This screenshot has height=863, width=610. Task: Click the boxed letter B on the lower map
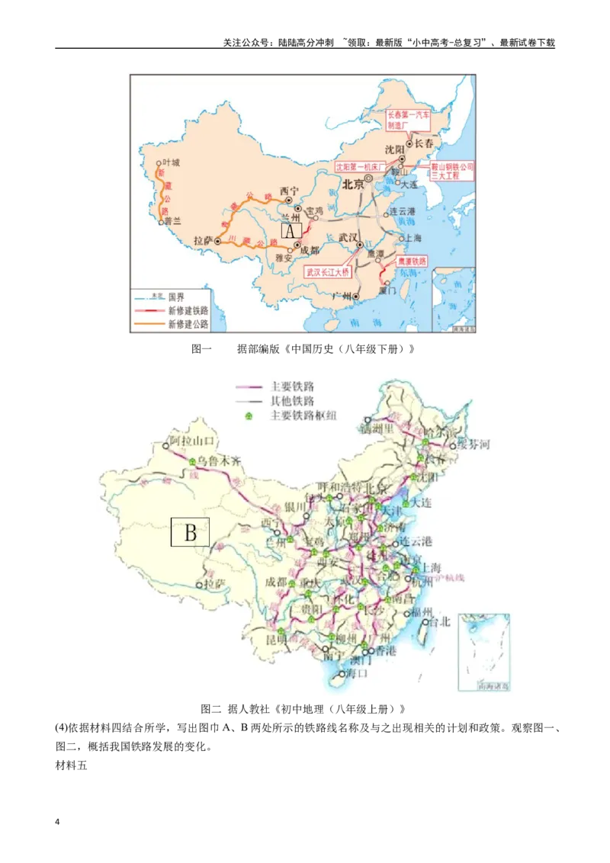[190, 532]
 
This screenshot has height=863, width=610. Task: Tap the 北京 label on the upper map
[353, 184]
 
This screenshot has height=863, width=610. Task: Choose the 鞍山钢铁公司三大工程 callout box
[452, 170]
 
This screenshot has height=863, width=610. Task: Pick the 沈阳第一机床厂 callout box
[361, 165]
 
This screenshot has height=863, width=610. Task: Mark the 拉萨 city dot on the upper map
[217, 241]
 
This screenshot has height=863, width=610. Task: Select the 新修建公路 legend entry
[188, 323]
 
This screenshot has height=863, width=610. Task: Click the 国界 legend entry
[176, 297]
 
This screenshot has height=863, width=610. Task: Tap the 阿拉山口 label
[194, 441]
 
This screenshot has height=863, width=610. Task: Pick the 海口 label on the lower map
[356, 674]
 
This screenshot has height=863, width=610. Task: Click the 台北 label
[441, 621]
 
